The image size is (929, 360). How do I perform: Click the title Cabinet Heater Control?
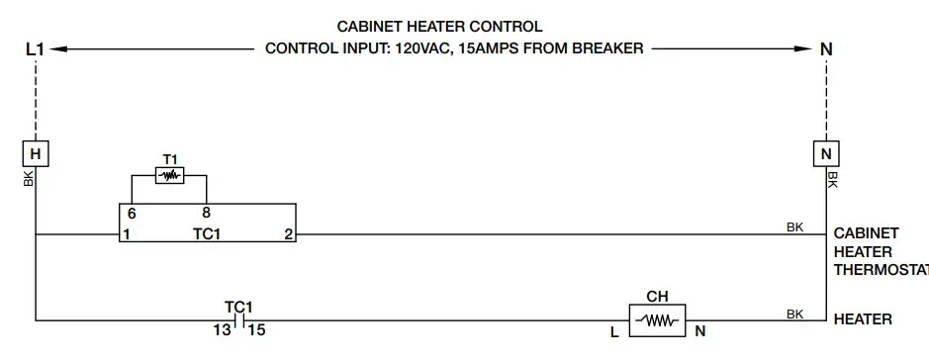tap(439, 27)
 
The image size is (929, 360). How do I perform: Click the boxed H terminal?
tap(35, 153)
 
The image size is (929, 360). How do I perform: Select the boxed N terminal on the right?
tap(825, 153)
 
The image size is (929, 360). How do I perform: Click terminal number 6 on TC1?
tap(131, 214)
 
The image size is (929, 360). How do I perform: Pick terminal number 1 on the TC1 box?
tap(127, 235)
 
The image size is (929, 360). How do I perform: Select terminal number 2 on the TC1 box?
tap(288, 235)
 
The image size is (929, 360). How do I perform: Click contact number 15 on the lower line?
tap(255, 329)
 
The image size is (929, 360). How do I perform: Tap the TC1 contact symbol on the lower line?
tap(237, 319)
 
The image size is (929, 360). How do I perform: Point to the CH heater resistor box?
tap(657, 319)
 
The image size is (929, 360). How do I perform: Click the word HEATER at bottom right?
tap(863, 319)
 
